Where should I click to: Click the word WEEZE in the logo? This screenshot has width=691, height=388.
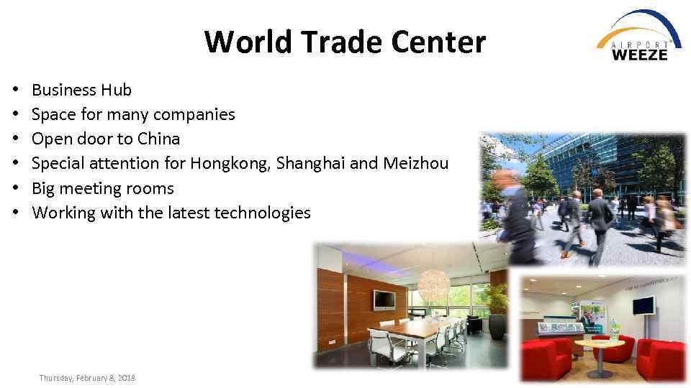click(640, 53)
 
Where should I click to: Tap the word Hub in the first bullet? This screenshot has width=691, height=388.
click(117, 90)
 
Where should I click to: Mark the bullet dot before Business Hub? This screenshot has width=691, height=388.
click(14, 91)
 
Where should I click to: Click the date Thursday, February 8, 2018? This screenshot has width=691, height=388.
click(87, 378)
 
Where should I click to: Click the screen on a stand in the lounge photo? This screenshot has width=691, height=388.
click(643, 307)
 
